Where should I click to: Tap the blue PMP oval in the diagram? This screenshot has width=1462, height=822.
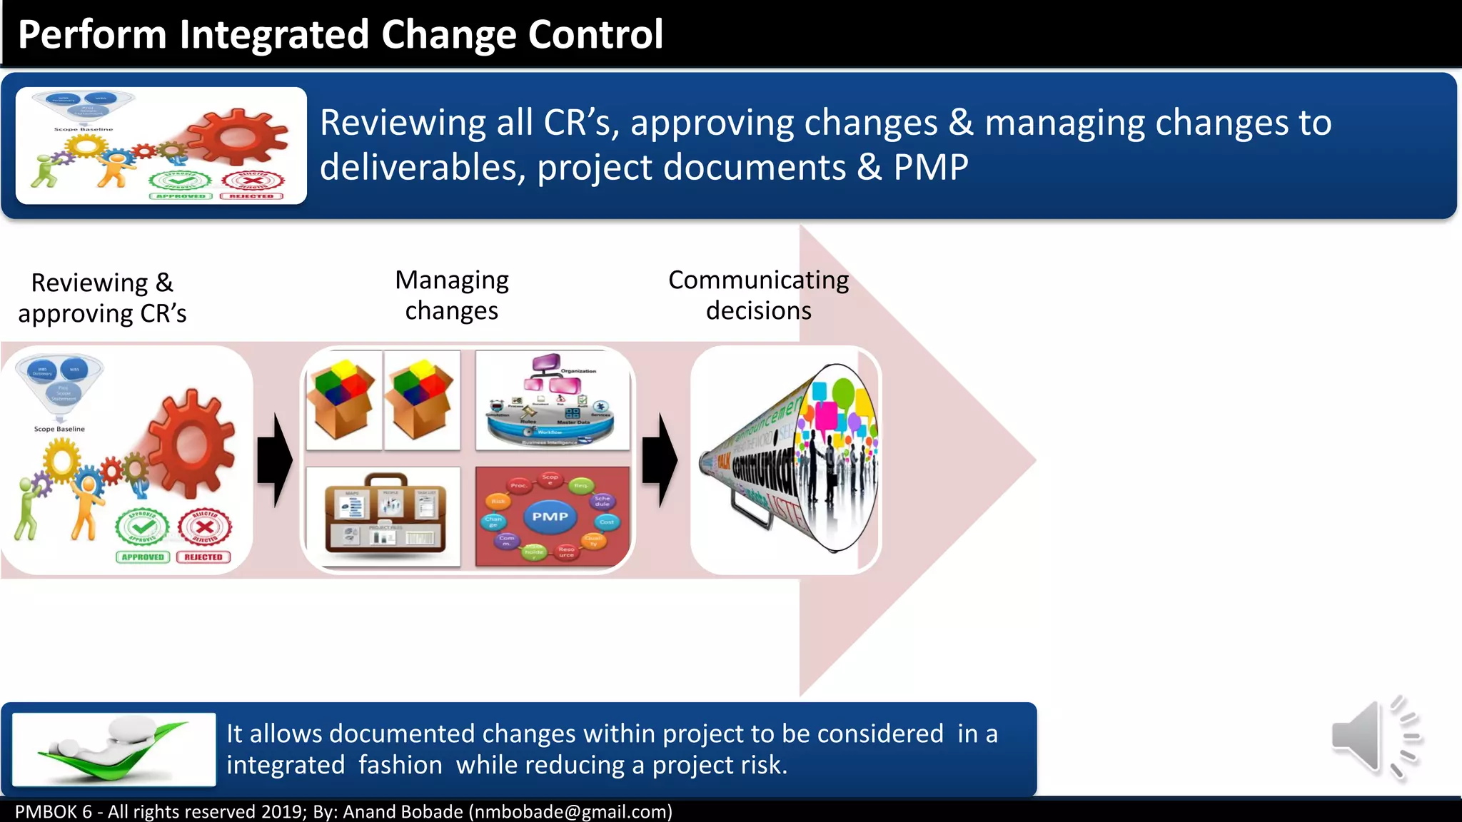pos(550,516)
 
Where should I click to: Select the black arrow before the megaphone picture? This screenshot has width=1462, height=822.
pos(660,460)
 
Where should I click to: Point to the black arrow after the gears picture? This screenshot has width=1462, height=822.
pos(275,460)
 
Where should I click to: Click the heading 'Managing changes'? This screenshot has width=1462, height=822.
pos(452,295)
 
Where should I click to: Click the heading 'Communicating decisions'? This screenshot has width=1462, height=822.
pos(758,295)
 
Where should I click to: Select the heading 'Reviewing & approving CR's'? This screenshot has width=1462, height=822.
pos(102,298)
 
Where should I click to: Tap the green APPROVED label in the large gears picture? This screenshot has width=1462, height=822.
pos(143,557)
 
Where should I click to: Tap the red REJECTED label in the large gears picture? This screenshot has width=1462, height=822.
pos(203,557)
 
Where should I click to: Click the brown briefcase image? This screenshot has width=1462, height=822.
pos(385,515)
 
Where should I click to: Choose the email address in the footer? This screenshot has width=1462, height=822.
pos(570,812)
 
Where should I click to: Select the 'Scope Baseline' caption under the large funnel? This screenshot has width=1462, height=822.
pos(59,429)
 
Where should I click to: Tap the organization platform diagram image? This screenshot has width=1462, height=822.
pos(553,400)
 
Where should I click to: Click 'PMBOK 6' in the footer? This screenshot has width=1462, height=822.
pos(54,812)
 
